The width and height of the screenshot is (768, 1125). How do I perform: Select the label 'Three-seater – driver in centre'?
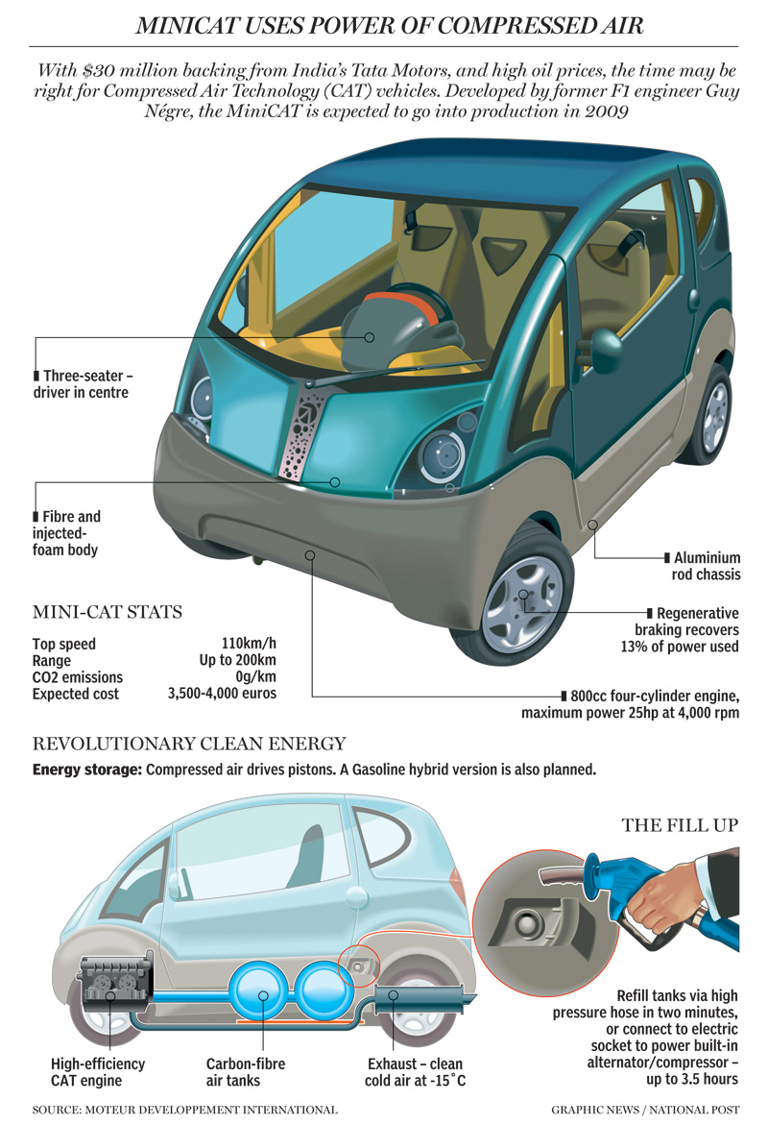[x=82, y=383]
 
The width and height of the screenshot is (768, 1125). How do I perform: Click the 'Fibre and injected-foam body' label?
[x=67, y=533]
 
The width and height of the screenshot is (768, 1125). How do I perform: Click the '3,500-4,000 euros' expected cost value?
[x=222, y=693]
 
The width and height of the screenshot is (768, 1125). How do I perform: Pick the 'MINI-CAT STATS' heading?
[x=108, y=612]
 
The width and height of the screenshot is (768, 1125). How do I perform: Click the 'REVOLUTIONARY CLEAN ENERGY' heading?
[x=189, y=744]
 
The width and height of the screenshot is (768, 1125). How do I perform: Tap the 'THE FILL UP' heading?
[x=681, y=824]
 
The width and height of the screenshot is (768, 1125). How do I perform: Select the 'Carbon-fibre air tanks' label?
[x=246, y=1073]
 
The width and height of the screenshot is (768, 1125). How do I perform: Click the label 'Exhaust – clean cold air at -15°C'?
[x=416, y=1073]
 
